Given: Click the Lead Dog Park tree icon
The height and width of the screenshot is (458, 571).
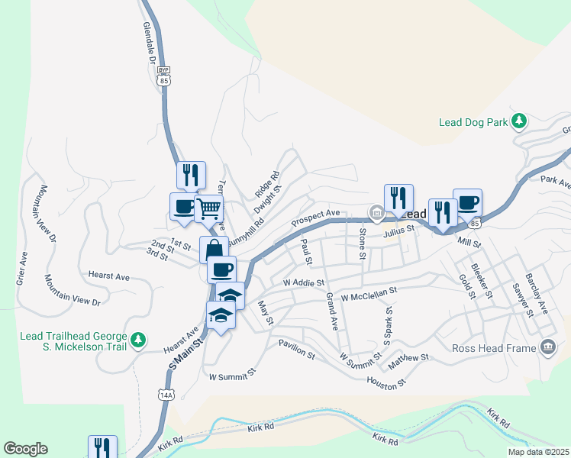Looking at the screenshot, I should tap(520, 121).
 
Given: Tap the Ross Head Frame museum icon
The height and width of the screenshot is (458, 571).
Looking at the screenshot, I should tap(547, 348).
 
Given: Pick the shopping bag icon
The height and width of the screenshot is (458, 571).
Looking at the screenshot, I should tap(214, 250).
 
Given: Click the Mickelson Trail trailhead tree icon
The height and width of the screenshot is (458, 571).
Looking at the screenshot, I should tap(138, 339).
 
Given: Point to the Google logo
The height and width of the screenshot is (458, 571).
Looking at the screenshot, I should tap(25, 449).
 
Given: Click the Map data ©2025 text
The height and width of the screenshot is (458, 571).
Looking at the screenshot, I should tap(538, 452).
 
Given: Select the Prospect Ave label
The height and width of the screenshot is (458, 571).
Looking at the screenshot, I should tap(315, 218).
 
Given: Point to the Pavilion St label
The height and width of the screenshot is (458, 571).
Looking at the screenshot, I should tap(296, 349).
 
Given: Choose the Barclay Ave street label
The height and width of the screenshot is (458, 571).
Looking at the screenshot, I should tap(536, 295).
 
